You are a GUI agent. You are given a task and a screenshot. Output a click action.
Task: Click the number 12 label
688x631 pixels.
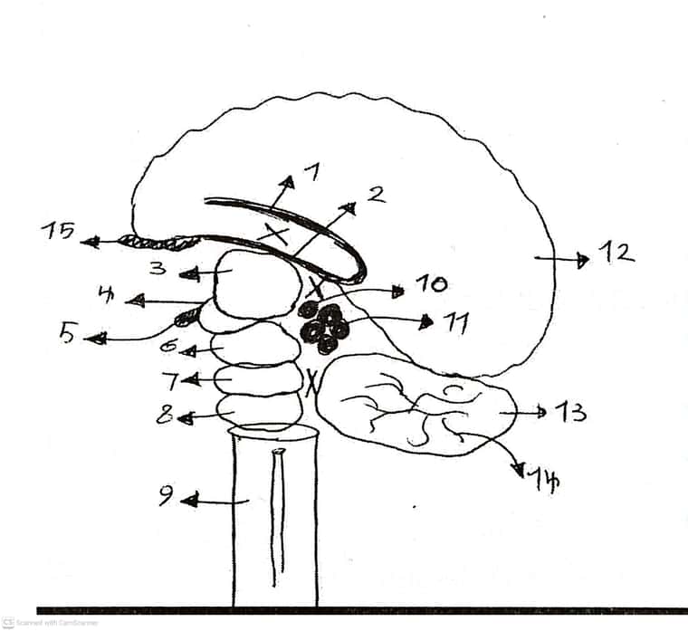(x=616, y=253)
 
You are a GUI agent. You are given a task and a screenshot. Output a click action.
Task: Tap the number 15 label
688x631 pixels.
(x=57, y=231)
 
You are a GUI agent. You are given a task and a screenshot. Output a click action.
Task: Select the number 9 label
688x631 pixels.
(x=167, y=495)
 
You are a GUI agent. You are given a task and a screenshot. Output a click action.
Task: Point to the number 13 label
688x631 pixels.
(x=570, y=412)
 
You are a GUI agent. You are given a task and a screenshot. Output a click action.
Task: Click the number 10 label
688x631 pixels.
(x=431, y=284)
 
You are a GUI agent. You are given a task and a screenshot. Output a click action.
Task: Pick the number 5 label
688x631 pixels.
(x=67, y=333)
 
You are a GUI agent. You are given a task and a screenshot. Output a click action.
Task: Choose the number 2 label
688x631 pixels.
(x=377, y=195)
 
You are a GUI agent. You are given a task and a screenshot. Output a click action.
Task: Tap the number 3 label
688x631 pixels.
(x=158, y=268)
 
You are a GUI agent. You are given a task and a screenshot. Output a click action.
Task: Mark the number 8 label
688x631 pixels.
(x=164, y=414)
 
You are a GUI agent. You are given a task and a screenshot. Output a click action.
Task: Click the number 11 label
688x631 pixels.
(x=456, y=323)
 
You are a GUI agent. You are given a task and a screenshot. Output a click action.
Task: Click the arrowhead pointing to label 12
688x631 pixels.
(x=583, y=260)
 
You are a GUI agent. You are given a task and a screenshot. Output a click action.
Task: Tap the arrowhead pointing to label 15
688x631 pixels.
(x=89, y=242)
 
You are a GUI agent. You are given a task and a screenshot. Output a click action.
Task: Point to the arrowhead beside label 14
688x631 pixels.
(x=520, y=470)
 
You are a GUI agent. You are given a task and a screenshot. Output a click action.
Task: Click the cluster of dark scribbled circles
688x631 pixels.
(x=323, y=328)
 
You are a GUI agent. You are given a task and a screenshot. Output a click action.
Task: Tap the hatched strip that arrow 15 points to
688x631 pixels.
(x=159, y=243)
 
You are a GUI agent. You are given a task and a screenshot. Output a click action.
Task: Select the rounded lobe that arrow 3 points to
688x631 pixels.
(x=257, y=283)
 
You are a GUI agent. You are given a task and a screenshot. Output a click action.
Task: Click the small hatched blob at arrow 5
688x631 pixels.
(x=186, y=317)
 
